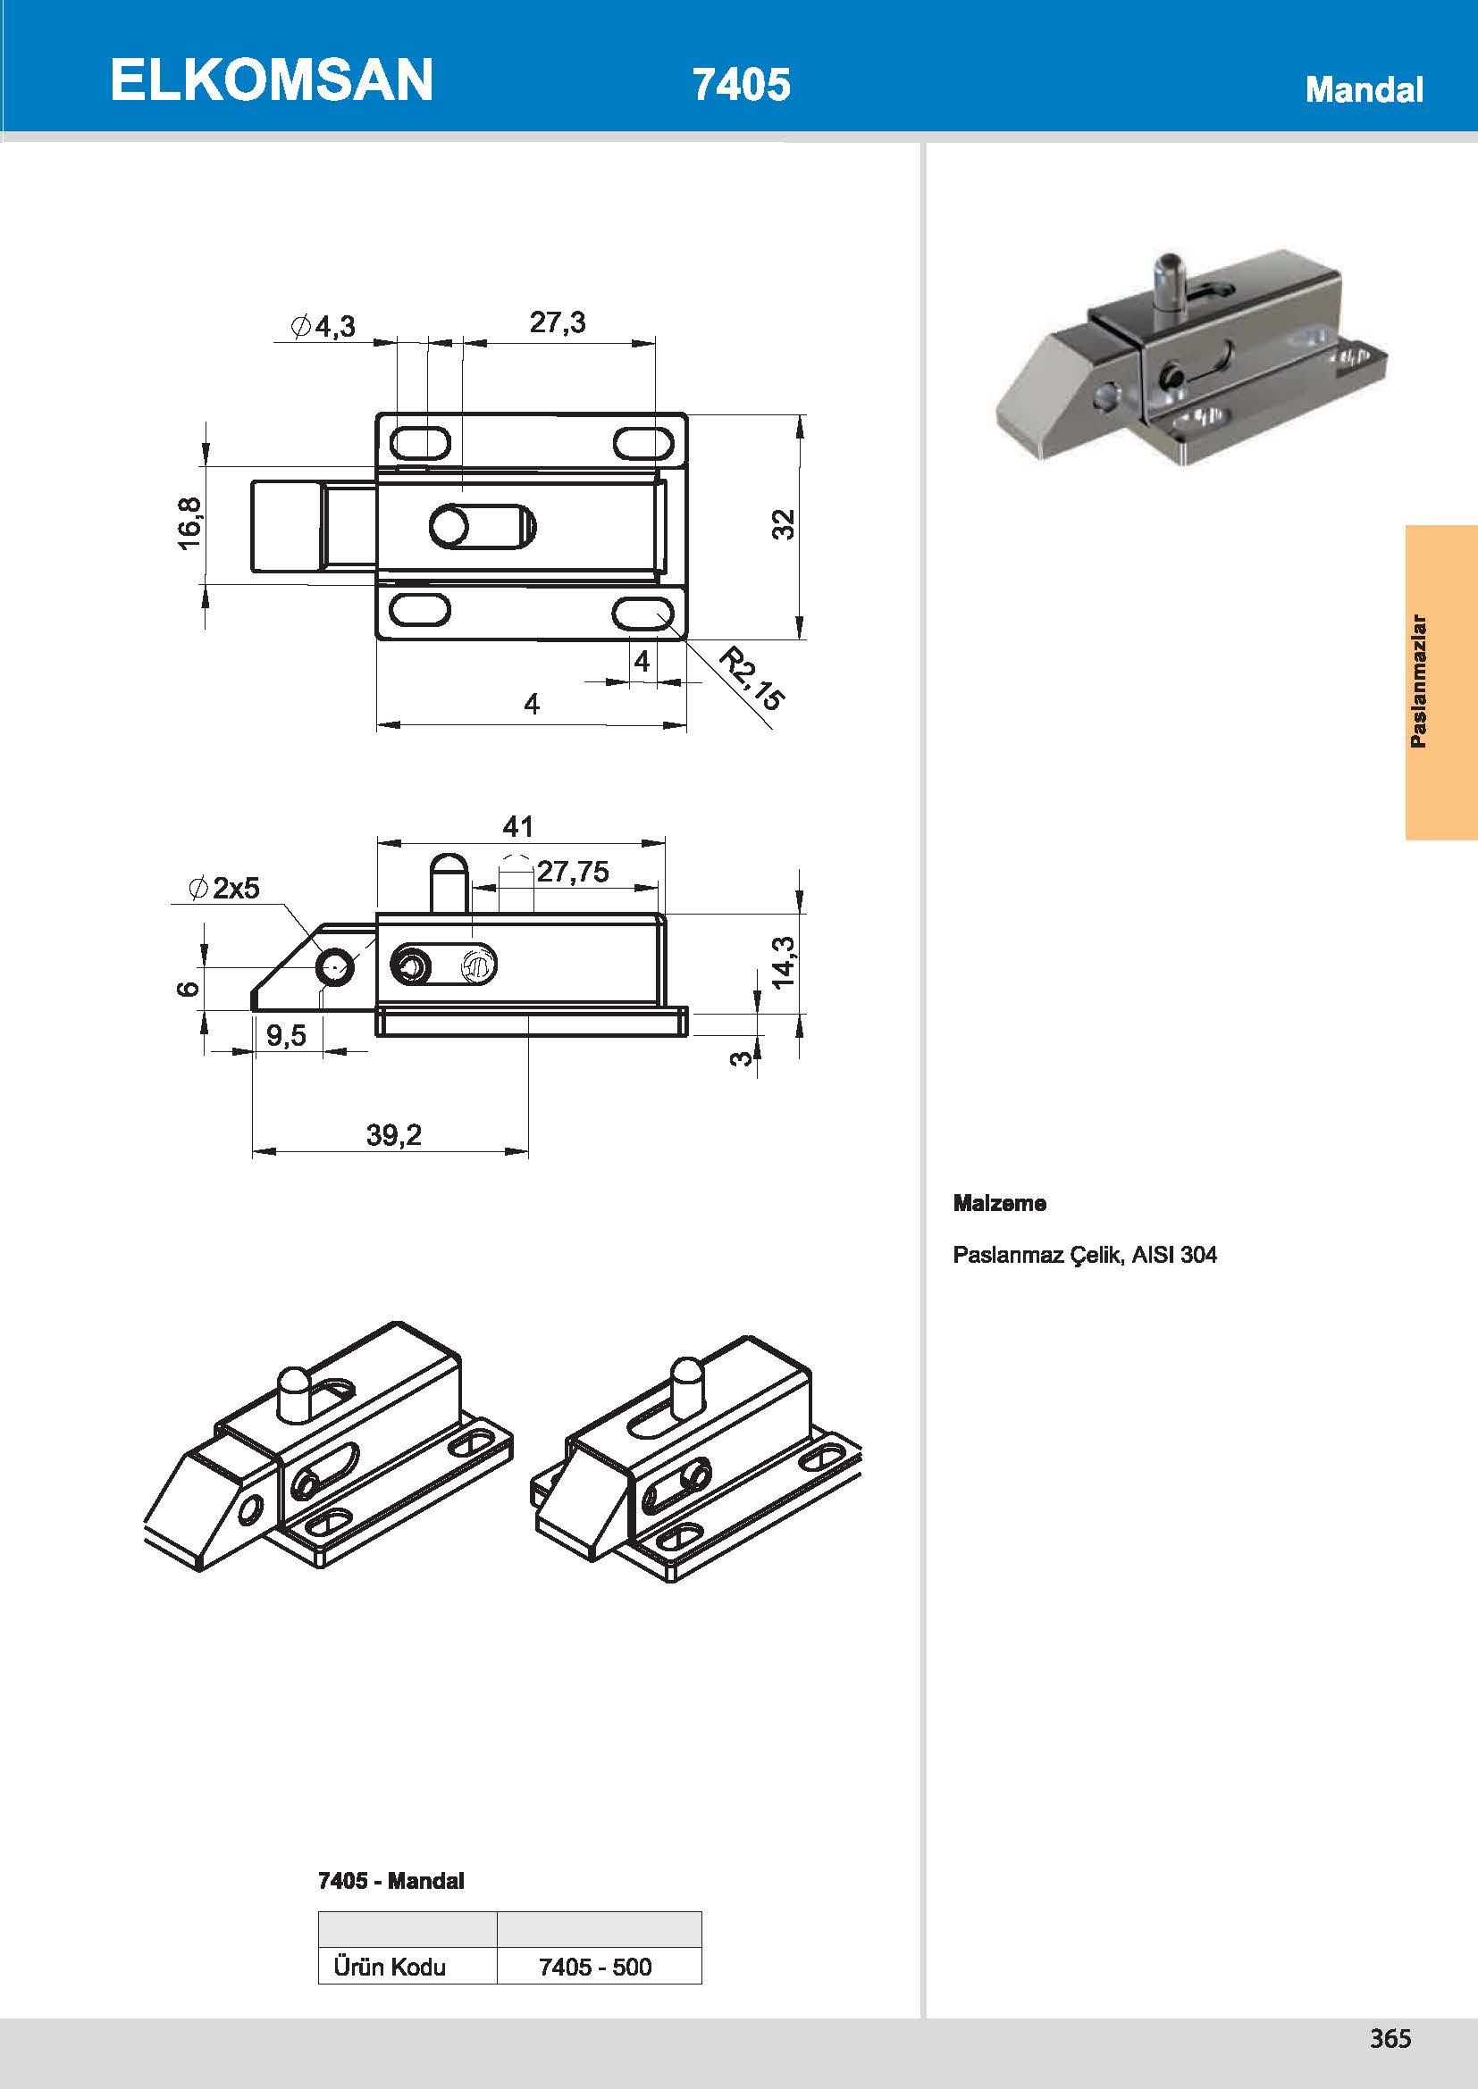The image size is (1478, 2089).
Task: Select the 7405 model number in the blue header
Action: pos(742,84)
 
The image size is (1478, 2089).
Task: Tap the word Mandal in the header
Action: pos(1364,89)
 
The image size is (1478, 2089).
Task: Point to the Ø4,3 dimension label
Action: pos(323,326)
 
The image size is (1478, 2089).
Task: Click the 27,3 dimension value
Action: pos(558,322)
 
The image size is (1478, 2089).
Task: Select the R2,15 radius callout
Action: pos(752,678)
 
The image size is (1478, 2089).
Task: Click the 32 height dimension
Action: pos(784,524)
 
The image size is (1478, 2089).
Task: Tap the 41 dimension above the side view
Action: pos(518,826)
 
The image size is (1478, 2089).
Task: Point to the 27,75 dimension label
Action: pos(573,872)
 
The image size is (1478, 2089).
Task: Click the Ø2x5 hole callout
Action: pos(224,887)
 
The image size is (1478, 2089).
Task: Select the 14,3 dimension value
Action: pos(783,961)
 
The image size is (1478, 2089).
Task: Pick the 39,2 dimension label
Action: pos(394,1133)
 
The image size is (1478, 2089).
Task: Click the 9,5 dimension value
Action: pos(287,1034)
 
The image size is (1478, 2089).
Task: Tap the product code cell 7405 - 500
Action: pos(595,1967)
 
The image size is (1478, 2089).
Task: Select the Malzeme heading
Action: pos(999,1203)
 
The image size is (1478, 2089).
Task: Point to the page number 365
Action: pos(1390,2038)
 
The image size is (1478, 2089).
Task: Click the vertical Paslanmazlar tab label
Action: pos(1418,681)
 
